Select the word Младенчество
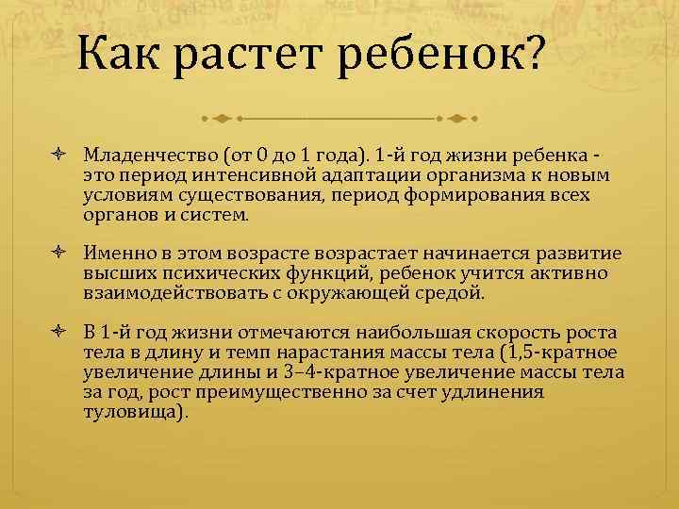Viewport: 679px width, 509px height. [x=137, y=154]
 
